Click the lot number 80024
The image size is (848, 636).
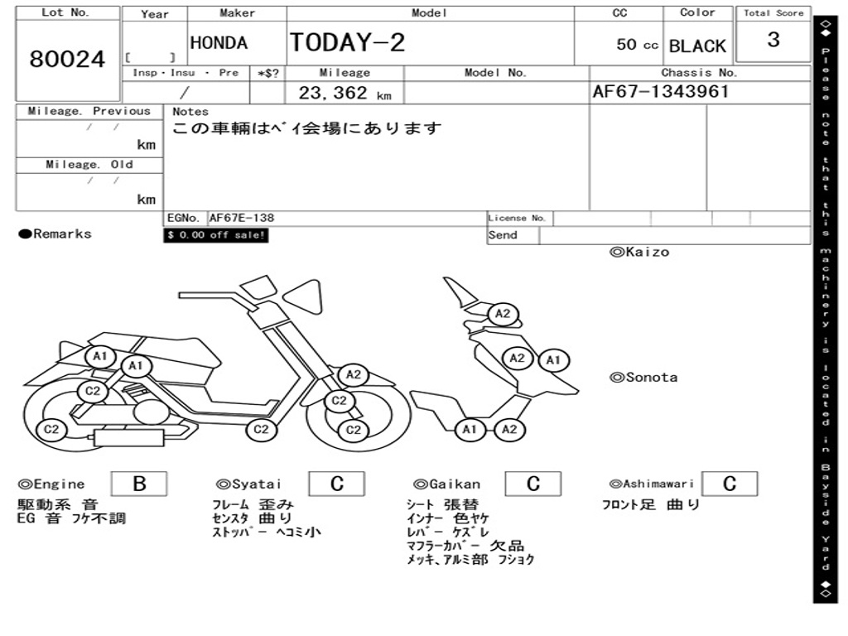[67, 60]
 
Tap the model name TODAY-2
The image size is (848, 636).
[347, 43]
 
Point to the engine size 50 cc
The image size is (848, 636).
[637, 45]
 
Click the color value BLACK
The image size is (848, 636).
[696, 46]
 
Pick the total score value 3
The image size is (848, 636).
[773, 40]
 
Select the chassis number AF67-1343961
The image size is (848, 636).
[660, 91]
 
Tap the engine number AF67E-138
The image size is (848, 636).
[241, 218]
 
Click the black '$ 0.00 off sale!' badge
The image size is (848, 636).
[216, 235]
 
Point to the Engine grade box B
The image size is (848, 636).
[138, 484]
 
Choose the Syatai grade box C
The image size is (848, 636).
[336, 484]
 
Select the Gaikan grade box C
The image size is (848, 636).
[532, 484]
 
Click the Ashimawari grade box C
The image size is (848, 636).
[729, 484]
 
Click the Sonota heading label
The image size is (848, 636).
[643, 378]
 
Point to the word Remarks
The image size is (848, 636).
[62, 234]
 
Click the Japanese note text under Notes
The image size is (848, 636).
[306, 129]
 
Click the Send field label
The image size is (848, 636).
[503, 235]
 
